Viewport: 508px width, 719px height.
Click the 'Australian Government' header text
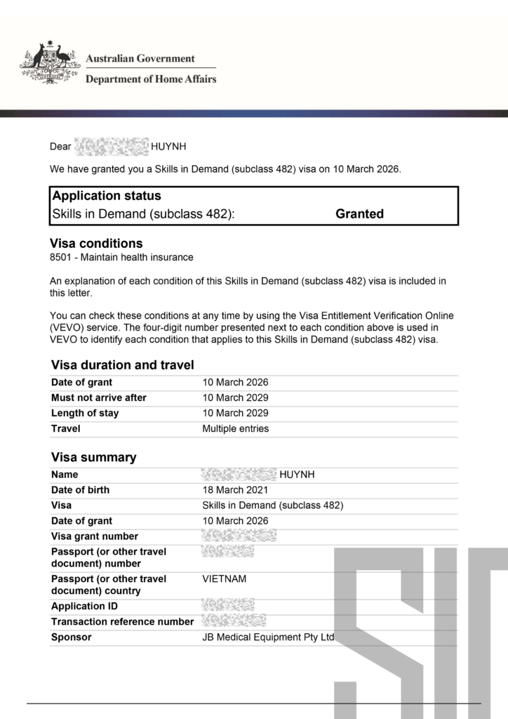[140, 59]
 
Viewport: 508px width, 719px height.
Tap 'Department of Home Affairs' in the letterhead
[151, 79]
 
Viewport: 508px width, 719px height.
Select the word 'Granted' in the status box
[359, 214]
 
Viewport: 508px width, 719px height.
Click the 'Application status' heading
[107, 196]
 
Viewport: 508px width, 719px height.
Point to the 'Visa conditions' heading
[96, 244]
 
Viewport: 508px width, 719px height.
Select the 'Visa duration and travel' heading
[123, 365]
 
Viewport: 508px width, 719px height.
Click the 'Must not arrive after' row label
[99, 398]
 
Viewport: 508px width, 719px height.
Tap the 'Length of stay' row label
[85, 414]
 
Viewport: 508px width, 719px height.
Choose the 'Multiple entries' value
[236, 429]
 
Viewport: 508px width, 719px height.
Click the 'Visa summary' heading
[94, 458]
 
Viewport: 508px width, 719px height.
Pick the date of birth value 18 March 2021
[235, 490]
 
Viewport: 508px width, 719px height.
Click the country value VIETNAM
[225, 579]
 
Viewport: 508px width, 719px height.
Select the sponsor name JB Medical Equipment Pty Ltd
[269, 638]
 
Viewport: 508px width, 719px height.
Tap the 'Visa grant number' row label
[95, 536]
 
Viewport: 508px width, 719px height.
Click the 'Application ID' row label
[84, 606]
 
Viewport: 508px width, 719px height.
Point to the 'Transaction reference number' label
[122, 621]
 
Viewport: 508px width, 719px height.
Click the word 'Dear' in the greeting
[61, 147]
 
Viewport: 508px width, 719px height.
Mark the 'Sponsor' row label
[72, 638]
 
